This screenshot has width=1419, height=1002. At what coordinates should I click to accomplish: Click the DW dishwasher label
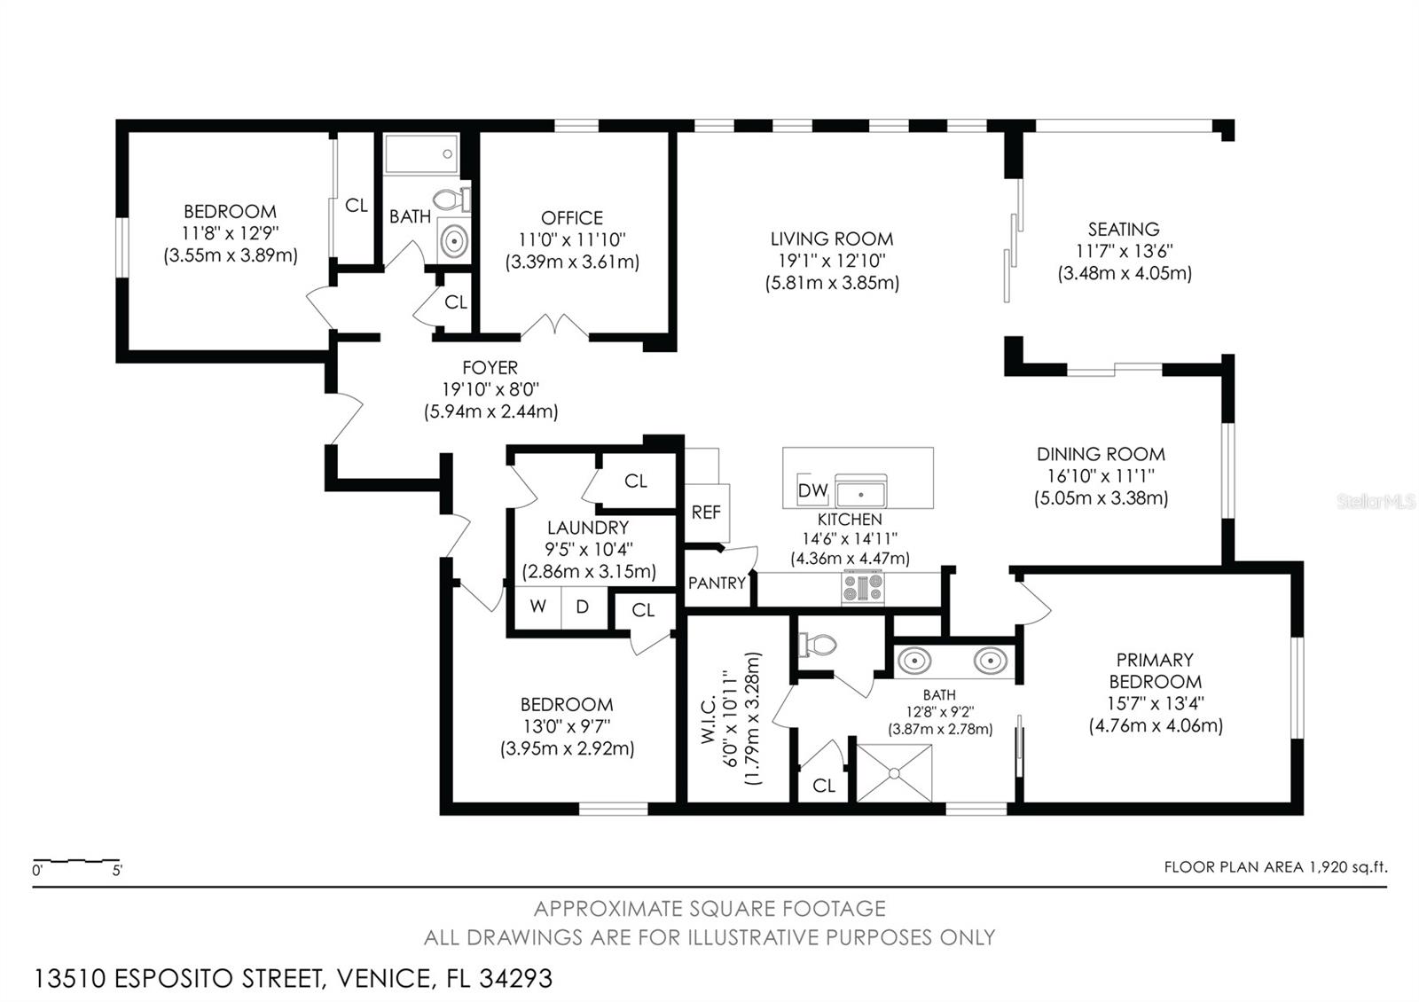[x=812, y=490]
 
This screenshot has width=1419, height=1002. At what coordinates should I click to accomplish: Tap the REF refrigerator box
[x=706, y=513]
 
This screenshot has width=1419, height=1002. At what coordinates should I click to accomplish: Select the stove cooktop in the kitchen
[x=863, y=587]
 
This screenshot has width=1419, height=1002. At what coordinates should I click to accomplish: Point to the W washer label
[x=537, y=607]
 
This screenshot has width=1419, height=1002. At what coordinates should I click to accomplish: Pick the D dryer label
[x=583, y=607]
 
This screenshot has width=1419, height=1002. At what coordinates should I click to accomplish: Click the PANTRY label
[x=717, y=583]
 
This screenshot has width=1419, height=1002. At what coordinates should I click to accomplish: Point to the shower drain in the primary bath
[x=894, y=773]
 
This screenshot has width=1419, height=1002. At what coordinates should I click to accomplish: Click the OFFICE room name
[x=572, y=218]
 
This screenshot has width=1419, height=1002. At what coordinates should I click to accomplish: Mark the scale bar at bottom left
[x=76, y=861]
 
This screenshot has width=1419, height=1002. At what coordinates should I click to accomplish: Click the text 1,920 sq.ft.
[x=1347, y=867]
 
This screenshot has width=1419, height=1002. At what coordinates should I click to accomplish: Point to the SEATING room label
[x=1124, y=230]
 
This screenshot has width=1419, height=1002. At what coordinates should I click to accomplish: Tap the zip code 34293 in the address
[x=515, y=979]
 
